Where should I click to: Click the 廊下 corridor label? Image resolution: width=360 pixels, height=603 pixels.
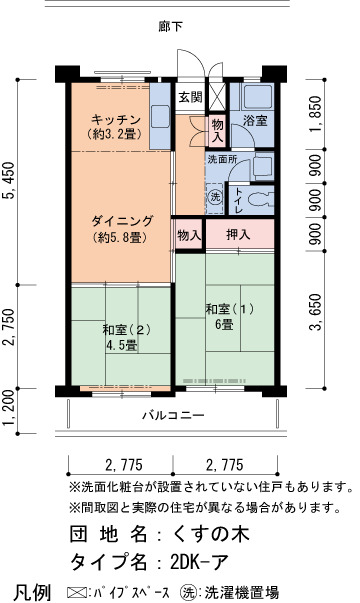pos(170,26)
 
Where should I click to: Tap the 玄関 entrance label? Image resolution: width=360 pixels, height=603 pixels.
pos(190,97)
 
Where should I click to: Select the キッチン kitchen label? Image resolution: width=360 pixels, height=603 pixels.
pos(116,120)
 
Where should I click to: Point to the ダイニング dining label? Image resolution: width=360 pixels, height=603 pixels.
pos(122,221)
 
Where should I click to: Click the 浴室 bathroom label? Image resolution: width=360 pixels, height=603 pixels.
pos(255,120)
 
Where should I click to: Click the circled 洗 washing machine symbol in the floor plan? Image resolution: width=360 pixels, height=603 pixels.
pos(215,197)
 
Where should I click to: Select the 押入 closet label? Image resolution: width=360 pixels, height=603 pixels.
pos(238,234)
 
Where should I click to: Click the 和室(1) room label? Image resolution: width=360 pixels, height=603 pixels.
pos(230,309)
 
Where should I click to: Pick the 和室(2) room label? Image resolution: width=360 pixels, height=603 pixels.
pos(126,330)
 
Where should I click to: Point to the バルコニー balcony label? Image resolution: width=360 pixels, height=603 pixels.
pos(173,415)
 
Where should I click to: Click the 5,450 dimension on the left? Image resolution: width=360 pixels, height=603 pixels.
pos(9,180)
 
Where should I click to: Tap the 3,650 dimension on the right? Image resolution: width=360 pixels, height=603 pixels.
pos(316,312)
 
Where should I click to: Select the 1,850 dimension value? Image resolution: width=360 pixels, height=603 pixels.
pos(316,113)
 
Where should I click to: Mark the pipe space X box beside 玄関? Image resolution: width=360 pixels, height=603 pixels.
pos(216,97)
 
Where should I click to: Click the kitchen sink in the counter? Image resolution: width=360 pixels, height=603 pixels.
pos(160,115)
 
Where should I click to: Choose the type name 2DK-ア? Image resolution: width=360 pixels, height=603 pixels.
pos(199,562)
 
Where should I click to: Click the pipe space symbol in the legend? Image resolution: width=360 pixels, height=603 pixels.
pos(76,591)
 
